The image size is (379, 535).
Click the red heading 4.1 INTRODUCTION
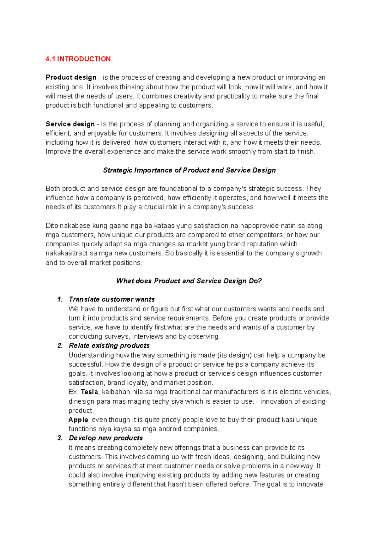tap(78, 59)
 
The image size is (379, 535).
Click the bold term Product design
tap(71, 77)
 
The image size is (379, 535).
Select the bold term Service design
tap(70, 124)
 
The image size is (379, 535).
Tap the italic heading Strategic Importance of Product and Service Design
tap(189, 170)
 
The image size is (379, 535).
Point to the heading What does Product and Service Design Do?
tap(189, 281)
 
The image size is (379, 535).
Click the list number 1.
tap(60, 299)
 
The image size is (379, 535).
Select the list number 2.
tap(60, 346)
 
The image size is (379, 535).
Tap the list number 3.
tap(60, 438)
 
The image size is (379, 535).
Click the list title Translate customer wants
tap(111, 299)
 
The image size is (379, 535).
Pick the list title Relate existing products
tap(109, 346)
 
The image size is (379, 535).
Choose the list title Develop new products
tap(105, 438)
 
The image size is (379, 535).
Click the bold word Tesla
tap(89, 392)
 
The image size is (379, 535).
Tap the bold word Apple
tap(78, 420)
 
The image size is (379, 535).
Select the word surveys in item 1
tap(117, 337)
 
